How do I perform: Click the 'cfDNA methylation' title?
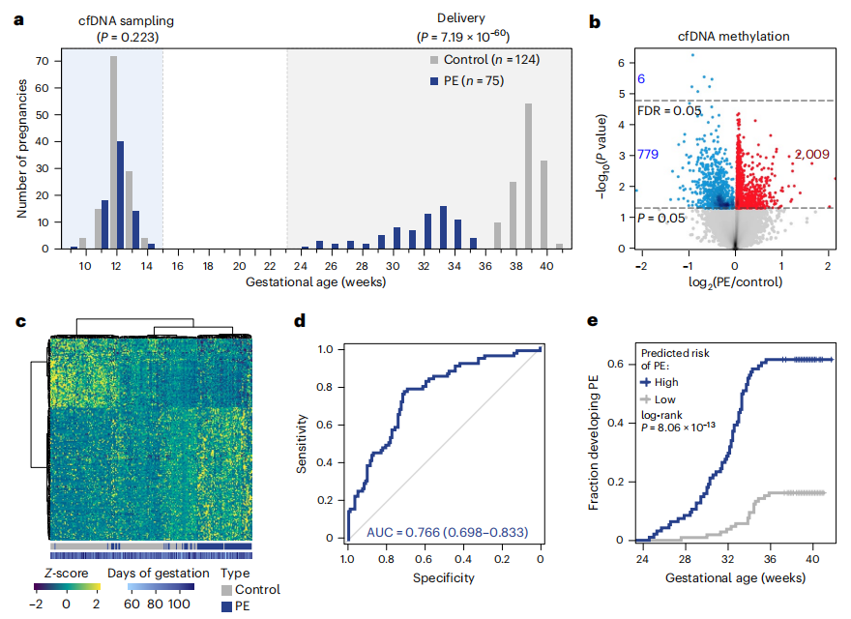click(732, 37)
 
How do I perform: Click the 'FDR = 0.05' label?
click(668, 111)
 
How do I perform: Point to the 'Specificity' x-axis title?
click(442, 577)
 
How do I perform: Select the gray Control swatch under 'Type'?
click(229, 589)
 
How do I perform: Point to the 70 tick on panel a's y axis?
click(43, 61)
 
